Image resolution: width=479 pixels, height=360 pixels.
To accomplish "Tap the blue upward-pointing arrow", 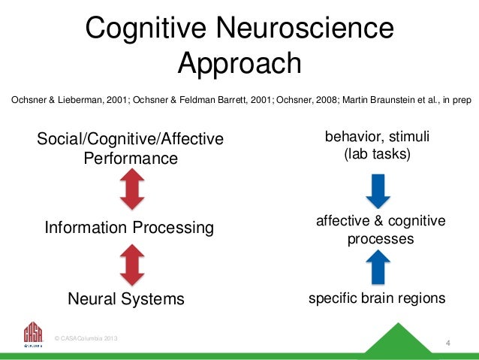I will pos(378,266).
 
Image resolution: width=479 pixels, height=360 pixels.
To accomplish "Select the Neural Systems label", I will pos(126,299).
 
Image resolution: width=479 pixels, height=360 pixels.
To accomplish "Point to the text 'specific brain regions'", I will pos(378,298).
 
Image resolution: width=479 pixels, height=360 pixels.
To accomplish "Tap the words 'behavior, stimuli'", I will pos(378,138).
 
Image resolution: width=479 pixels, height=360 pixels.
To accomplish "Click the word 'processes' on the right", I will pos(381,239).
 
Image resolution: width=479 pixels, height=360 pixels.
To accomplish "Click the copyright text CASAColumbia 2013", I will pos(86,340).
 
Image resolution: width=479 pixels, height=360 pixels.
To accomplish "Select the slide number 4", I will pos(447,344).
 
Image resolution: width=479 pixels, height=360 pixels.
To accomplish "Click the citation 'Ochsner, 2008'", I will pos(307,98).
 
